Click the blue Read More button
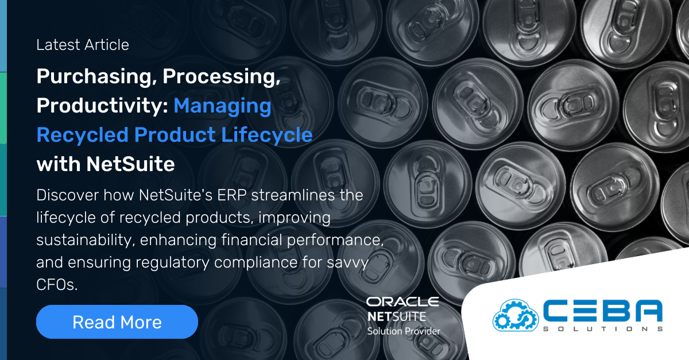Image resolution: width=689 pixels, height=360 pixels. tap(117, 322)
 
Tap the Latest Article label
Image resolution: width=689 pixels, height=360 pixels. tap(83, 45)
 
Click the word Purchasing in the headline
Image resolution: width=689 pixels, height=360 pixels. tap(91, 77)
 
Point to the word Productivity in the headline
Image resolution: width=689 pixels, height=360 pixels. tap(102, 106)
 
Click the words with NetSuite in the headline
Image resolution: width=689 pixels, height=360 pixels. tap(106, 164)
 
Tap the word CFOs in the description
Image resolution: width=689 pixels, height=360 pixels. tap(56, 285)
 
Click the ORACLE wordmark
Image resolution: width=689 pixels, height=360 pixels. tap(402, 302)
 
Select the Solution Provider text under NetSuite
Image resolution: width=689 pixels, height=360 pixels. tap(404, 331)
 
